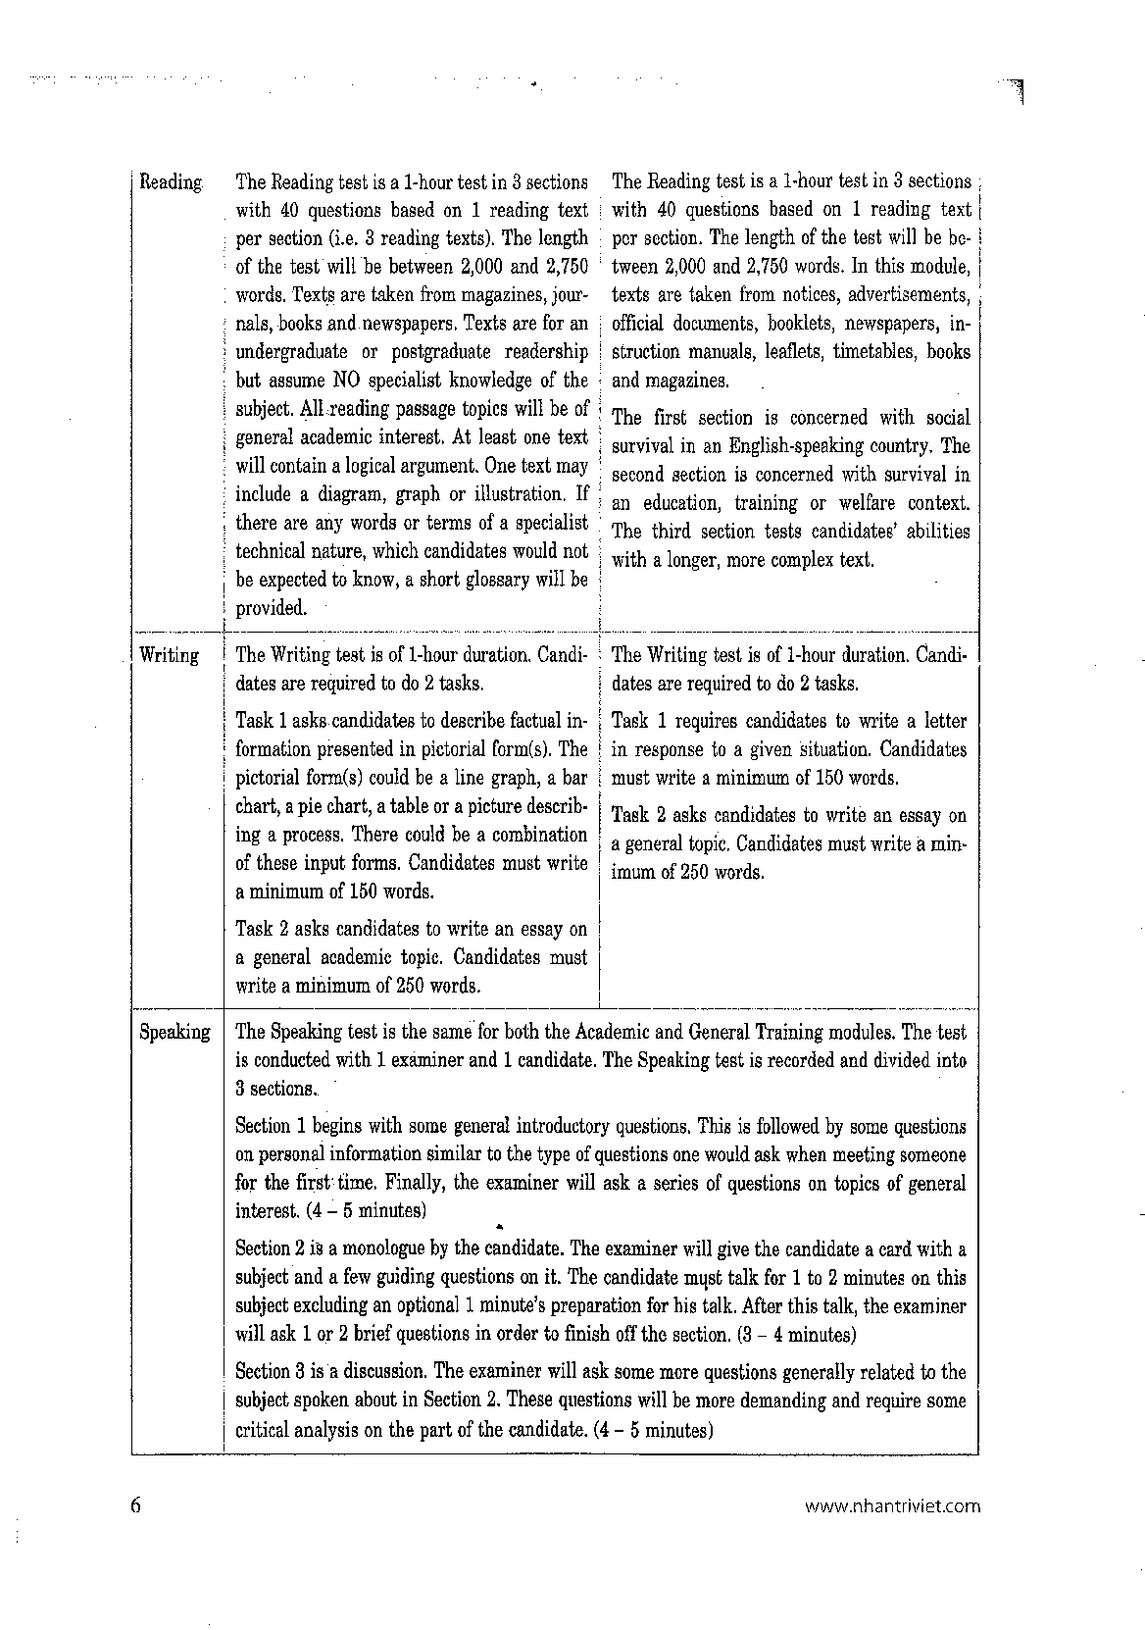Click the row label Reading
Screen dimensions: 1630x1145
point(172,182)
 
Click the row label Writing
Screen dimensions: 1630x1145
point(170,655)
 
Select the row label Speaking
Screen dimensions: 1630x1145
point(174,1032)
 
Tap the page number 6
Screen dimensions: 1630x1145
point(136,1505)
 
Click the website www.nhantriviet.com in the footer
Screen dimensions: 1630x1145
point(891,1506)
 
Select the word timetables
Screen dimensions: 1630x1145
point(874,351)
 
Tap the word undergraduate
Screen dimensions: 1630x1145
point(292,352)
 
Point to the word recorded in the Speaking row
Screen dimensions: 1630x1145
point(744,1060)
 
